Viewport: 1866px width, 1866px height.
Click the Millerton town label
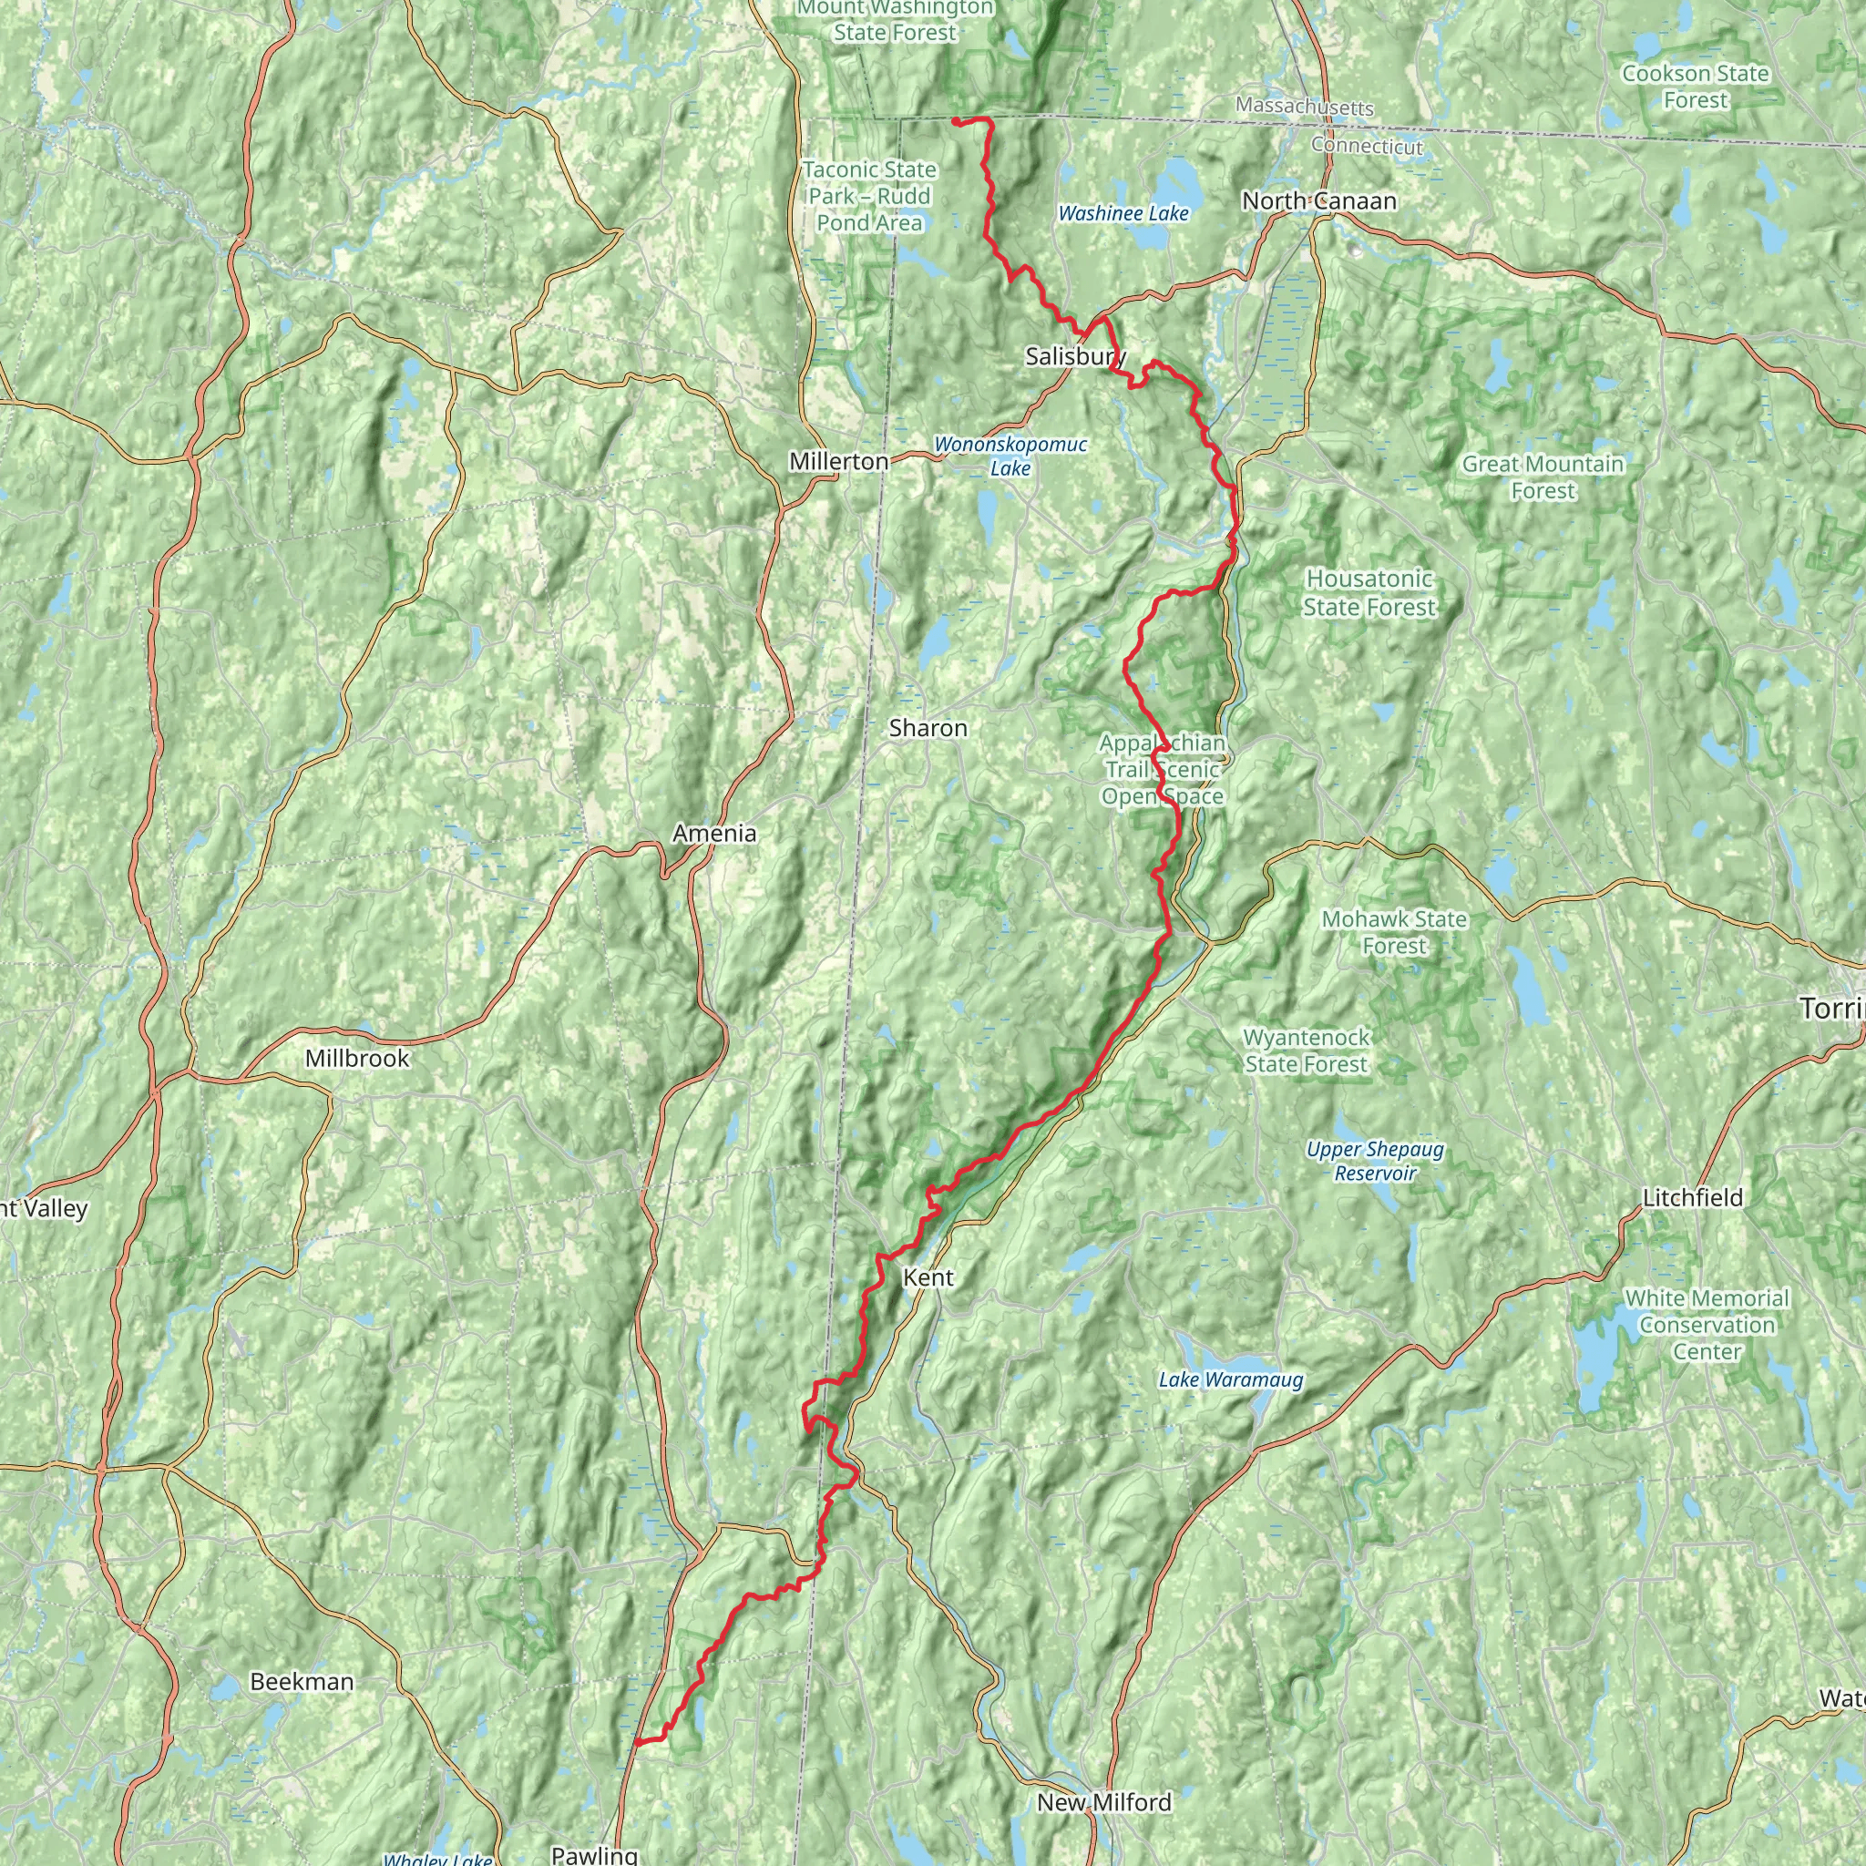click(x=838, y=462)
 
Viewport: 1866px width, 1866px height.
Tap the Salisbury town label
click(x=1075, y=356)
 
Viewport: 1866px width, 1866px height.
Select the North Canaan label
click(x=1318, y=200)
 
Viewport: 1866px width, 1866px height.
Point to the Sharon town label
click(x=928, y=728)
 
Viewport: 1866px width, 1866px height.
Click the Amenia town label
click(x=714, y=833)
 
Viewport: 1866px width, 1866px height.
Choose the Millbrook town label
click(x=357, y=1059)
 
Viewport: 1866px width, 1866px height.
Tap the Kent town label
click(x=928, y=1277)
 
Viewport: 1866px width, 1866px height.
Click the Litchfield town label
click(x=1692, y=1197)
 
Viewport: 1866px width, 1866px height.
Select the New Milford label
click(x=1104, y=1802)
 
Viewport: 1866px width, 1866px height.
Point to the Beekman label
click(x=302, y=1682)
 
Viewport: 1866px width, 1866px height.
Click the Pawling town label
click(x=594, y=1854)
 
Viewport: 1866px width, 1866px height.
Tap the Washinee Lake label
click(x=1123, y=213)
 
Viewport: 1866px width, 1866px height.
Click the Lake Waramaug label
click(x=1230, y=1379)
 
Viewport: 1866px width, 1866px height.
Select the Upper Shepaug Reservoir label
click(x=1375, y=1161)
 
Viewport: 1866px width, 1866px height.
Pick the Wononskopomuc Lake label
click(x=1010, y=456)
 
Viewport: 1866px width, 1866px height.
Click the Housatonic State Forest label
click(x=1369, y=593)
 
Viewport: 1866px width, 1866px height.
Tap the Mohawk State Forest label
click(x=1394, y=932)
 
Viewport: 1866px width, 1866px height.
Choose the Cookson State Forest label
click(x=1695, y=87)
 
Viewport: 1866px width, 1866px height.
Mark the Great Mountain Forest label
click(x=1543, y=477)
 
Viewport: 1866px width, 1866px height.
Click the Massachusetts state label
click(x=1304, y=107)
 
